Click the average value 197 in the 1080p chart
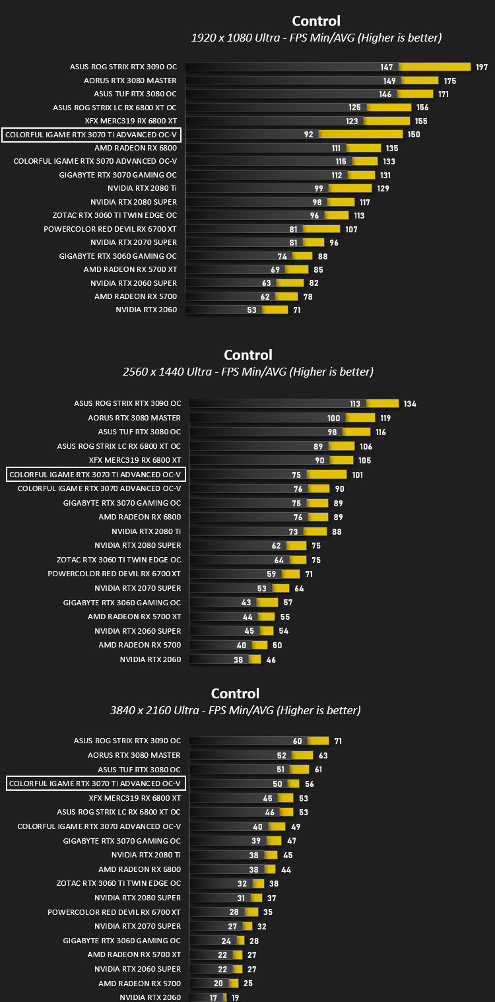[x=482, y=67]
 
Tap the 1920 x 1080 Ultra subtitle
[x=316, y=38]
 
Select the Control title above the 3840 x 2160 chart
[x=235, y=693]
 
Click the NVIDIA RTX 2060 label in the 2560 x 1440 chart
[x=150, y=659]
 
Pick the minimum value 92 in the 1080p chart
[x=308, y=135]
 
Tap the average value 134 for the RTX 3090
[x=410, y=404]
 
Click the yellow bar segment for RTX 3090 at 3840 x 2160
[x=318, y=741]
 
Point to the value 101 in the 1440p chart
[x=357, y=475]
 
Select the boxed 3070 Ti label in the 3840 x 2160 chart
[x=96, y=784]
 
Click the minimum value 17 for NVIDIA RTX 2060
[x=213, y=997]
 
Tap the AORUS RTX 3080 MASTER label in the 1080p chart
[x=130, y=81]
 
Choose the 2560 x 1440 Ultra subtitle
[x=248, y=372]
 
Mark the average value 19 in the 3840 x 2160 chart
[x=235, y=997]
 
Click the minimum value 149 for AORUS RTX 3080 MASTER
[x=389, y=81]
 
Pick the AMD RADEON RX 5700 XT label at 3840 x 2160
[x=134, y=954]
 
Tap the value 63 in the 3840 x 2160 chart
[x=323, y=756]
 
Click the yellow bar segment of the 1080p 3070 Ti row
[x=360, y=134]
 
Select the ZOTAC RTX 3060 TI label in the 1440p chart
[x=119, y=560]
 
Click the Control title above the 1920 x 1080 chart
[x=316, y=21]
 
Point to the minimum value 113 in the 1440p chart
[x=355, y=404]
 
